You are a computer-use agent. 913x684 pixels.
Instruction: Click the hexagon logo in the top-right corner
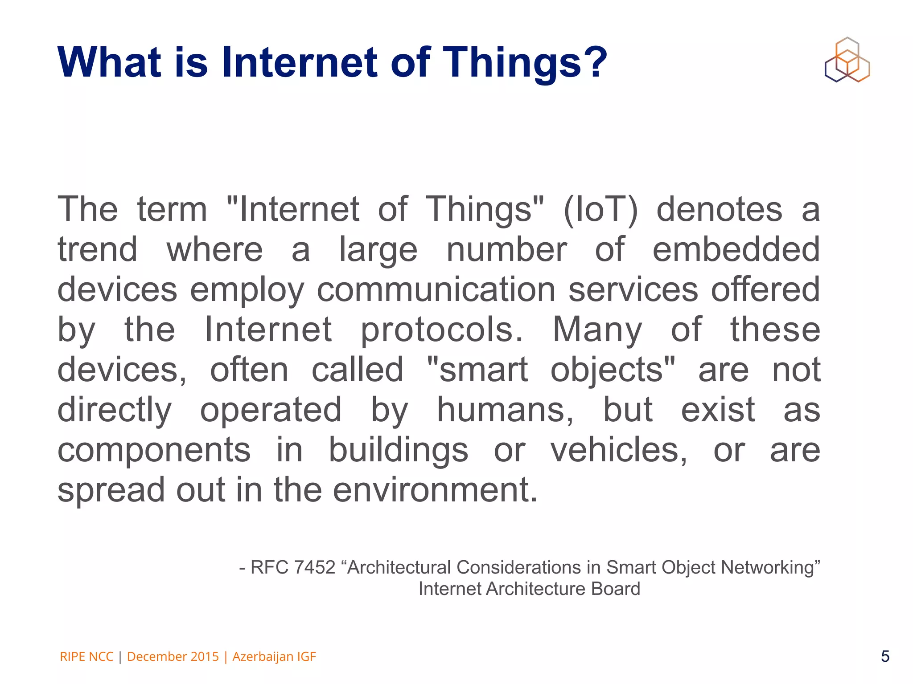pos(847,60)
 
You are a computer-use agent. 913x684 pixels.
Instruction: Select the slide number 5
pos(885,656)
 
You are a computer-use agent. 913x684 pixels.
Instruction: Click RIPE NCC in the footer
pos(86,656)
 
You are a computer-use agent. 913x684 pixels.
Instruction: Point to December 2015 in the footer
pos(173,656)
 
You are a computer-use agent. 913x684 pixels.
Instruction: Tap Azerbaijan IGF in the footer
pos(274,656)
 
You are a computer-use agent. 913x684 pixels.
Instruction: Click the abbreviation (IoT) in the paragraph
pos(600,209)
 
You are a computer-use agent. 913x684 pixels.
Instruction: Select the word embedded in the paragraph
pos(736,249)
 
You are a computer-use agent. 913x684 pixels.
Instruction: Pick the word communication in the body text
pos(436,289)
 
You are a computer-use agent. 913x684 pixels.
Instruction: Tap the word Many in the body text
pos(597,330)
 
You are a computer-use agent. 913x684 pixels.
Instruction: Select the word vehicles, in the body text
pos(619,450)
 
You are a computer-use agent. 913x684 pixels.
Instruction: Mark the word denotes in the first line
pos(719,209)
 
